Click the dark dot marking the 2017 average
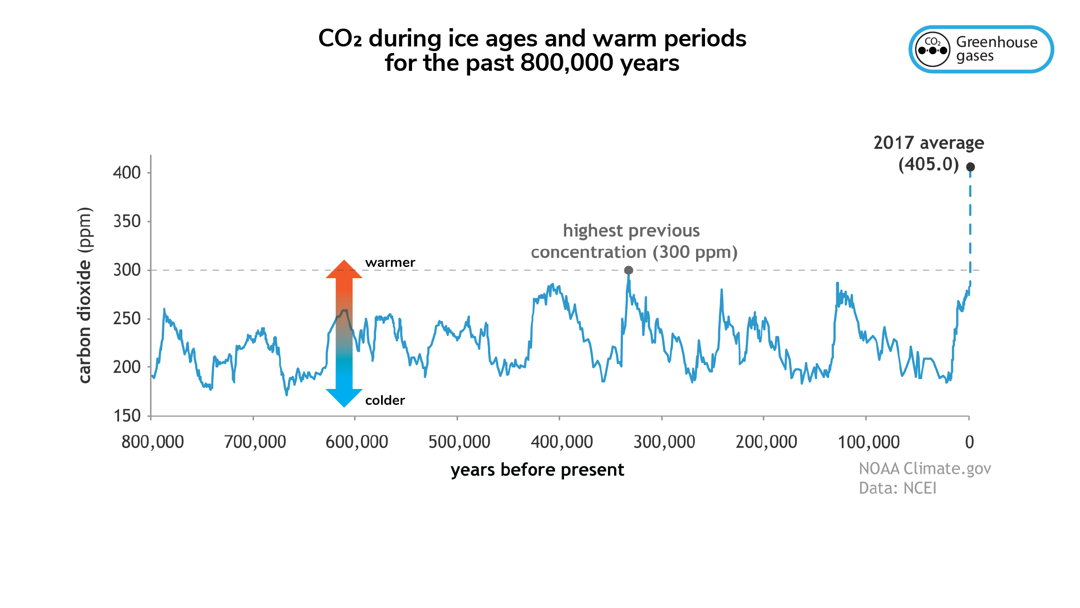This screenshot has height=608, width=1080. pyautogui.click(x=970, y=167)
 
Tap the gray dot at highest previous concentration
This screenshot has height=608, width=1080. pyautogui.click(x=629, y=270)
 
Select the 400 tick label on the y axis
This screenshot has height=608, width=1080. pyautogui.click(x=127, y=173)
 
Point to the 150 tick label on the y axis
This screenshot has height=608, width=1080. pyautogui.click(x=127, y=416)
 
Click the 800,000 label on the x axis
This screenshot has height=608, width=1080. pyautogui.click(x=153, y=442)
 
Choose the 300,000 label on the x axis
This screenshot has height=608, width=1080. pyautogui.click(x=664, y=442)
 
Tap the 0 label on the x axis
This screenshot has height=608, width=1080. pyautogui.click(x=969, y=442)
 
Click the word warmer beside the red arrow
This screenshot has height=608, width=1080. pyautogui.click(x=390, y=262)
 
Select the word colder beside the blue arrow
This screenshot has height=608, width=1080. pyautogui.click(x=385, y=400)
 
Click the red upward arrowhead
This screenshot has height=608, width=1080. pyautogui.click(x=344, y=270)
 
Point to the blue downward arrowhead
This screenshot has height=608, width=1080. pyautogui.click(x=344, y=398)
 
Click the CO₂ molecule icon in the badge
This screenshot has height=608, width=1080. pyautogui.click(x=933, y=49)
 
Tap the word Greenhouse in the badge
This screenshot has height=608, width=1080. pyautogui.click(x=997, y=42)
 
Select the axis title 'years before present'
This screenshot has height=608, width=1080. pyautogui.click(x=537, y=470)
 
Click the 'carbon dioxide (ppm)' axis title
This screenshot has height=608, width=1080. pyautogui.click(x=84, y=295)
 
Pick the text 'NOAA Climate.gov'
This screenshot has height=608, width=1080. pyautogui.click(x=925, y=469)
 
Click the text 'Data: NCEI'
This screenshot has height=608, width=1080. pyautogui.click(x=897, y=488)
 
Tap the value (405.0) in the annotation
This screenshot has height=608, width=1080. pyautogui.click(x=929, y=164)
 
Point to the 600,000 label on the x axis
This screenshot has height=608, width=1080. pyautogui.click(x=357, y=442)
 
